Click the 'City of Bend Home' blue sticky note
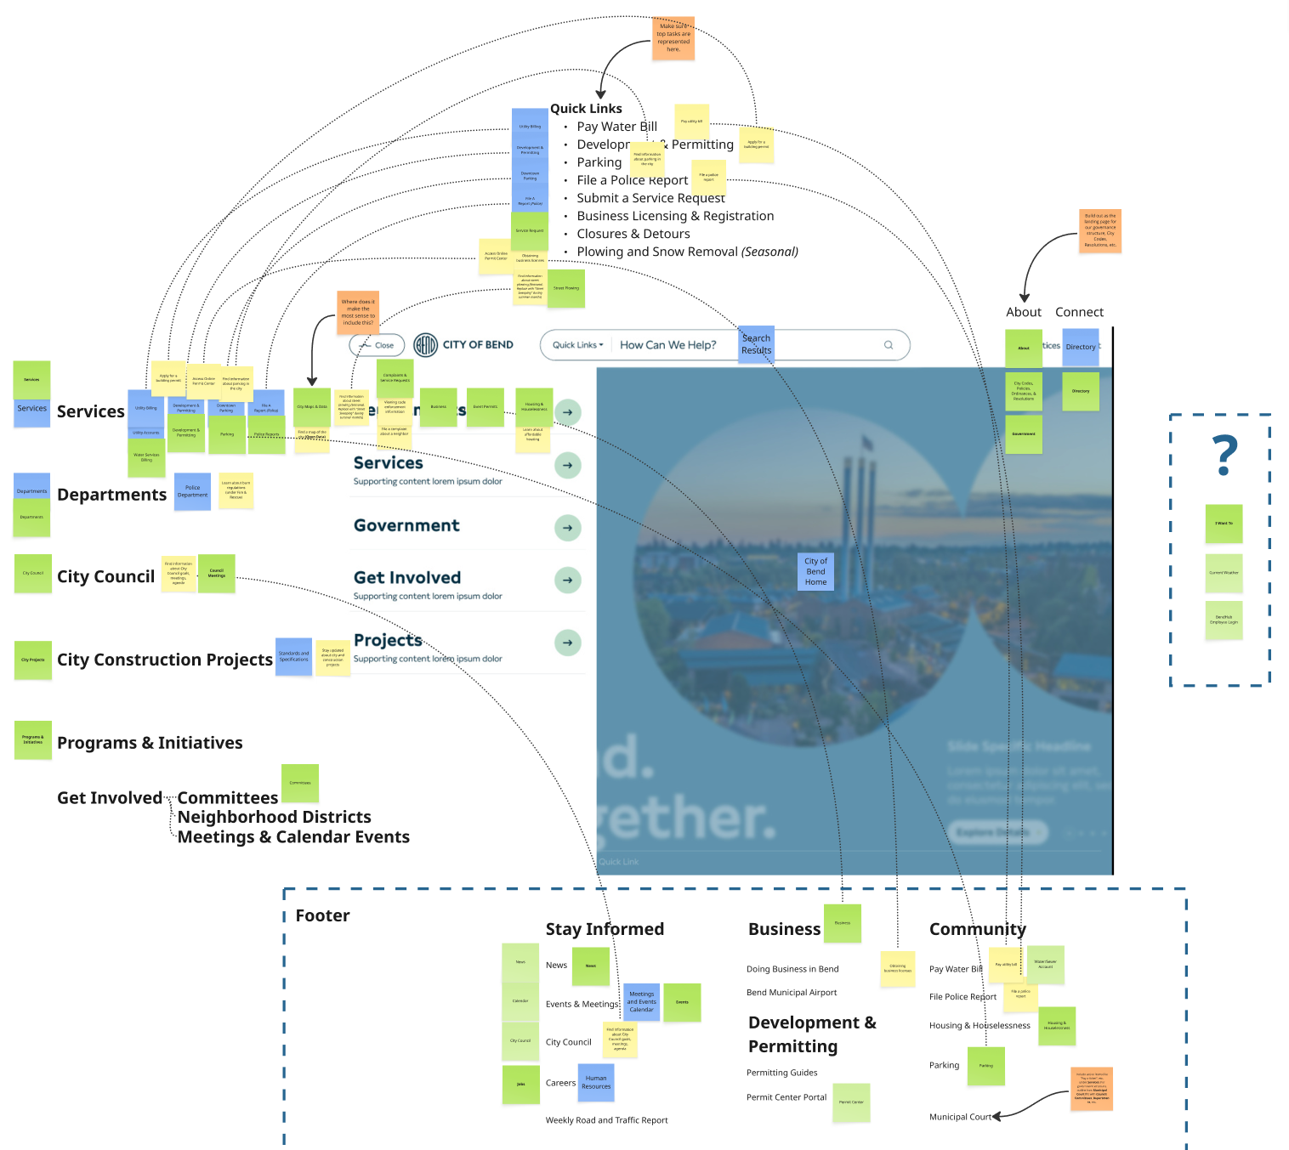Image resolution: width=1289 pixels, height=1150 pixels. tap(815, 572)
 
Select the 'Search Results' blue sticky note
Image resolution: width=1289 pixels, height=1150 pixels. tap(756, 344)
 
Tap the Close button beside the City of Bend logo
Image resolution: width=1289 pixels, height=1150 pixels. tap(377, 345)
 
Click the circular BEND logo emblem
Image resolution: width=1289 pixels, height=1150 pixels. tap(425, 345)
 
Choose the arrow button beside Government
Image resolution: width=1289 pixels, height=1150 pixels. tap(567, 528)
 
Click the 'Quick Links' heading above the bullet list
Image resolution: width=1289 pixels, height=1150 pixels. tap(586, 109)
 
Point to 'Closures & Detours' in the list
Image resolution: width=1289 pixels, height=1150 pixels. tap(633, 234)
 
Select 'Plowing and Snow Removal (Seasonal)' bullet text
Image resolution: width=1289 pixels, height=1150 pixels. tap(687, 252)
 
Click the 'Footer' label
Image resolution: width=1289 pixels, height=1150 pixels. tap(322, 915)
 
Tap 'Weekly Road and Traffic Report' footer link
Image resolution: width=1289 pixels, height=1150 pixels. tap(606, 1120)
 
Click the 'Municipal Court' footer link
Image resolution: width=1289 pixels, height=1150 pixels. tap(960, 1117)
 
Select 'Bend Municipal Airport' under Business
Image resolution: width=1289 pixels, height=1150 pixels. tap(791, 993)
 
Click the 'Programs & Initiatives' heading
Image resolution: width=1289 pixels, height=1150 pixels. tap(150, 743)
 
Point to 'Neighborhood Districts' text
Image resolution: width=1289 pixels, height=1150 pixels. tap(274, 817)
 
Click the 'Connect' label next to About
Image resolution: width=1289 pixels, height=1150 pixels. tap(1079, 312)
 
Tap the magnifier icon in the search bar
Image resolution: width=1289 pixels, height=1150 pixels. tap(889, 345)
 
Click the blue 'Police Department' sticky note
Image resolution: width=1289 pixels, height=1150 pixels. tap(192, 491)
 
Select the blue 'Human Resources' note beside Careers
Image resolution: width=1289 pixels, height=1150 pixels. tap(596, 1082)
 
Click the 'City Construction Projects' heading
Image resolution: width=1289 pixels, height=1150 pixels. tap(164, 660)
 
